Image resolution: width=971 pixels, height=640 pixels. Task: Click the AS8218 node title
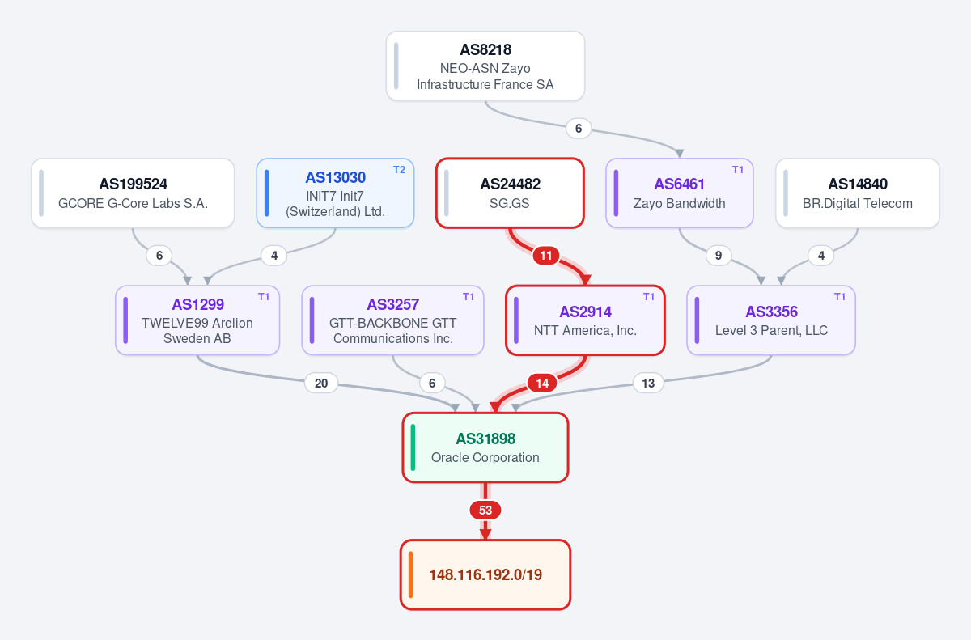coord(485,50)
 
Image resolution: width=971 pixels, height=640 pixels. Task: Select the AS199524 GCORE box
coord(133,193)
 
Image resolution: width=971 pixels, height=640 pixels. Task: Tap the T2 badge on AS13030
coord(399,170)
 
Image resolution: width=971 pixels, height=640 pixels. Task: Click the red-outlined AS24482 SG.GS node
coord(510,193)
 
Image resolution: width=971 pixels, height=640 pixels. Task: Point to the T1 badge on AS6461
coord(738,170)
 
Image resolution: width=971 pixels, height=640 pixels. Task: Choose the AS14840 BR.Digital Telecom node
coord(858,193)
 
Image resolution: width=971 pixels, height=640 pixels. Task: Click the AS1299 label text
coord(197,304)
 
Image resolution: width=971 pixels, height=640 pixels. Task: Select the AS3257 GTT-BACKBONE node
coord(392,320)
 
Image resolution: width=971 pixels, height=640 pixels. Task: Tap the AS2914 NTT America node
coord(585,320)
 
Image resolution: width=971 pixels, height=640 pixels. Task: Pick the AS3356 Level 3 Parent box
coord(771,320)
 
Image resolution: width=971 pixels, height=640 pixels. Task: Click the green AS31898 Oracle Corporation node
coord(485,447)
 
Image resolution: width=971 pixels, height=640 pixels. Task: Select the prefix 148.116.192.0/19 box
coord(485,574)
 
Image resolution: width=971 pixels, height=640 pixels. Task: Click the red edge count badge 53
coord(485,510)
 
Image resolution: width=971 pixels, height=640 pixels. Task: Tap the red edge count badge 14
coord(542,383)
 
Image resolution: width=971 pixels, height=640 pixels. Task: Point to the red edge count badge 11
coord(545,255)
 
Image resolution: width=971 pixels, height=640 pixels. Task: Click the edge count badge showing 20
coord(321,383)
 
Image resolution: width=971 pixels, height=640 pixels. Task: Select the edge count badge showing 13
coord(648,383)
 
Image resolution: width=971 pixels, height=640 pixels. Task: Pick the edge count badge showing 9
coord(719,255)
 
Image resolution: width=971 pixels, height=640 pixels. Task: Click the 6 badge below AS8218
coord(579,129)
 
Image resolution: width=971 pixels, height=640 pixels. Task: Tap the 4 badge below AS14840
coord(821,255)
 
